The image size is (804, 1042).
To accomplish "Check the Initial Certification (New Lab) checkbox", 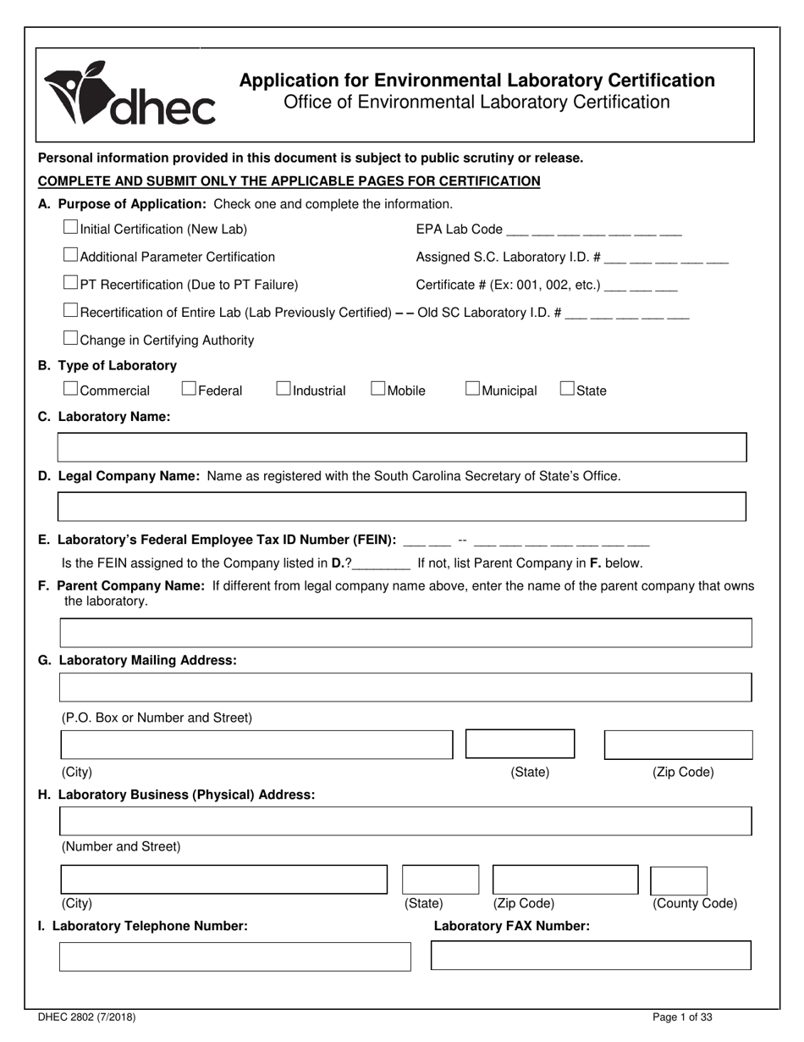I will pos(71,228).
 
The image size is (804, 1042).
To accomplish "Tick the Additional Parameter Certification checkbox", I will pos(71,255).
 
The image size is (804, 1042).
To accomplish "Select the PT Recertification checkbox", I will pos(71,283).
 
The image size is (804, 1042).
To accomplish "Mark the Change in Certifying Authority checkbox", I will pos(71,339).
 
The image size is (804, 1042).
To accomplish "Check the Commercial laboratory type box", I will pos(71,389).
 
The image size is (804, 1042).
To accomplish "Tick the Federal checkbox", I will pos(190,389).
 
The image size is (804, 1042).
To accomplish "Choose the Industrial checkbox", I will pos(284,389).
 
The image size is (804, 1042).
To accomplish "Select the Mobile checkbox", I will pos(378,389).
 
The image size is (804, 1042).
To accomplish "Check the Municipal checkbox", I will pos(473,389).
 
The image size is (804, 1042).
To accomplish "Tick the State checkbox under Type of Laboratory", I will pos(568,389).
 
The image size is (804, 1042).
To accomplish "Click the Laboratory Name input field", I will pos(401,447).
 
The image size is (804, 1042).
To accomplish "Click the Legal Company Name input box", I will pos(401,506).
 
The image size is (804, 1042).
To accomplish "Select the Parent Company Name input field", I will pos(405,633).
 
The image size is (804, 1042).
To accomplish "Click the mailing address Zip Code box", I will pos(678,744).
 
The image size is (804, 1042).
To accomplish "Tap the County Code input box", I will pos(678,880).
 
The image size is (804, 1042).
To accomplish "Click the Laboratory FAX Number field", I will pos(591,955).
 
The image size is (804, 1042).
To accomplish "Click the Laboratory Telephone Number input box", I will pos(234,956).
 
